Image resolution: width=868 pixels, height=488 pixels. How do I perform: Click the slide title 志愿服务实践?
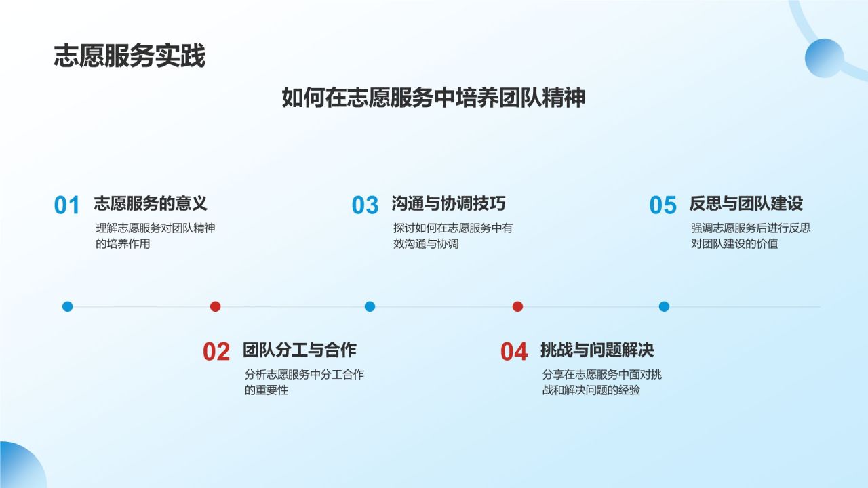tap(130, 57)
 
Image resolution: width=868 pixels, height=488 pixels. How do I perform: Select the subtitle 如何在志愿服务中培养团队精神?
tap(433, 98)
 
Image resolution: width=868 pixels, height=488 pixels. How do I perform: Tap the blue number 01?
tap(67, 205)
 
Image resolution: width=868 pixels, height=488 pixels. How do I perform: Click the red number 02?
tap(216, 352)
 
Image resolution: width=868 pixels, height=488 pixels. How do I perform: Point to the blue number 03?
tap(365, 205)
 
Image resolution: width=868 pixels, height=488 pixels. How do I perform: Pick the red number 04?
tap(514, 352)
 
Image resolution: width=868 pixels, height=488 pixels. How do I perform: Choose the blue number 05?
tap(663, 205)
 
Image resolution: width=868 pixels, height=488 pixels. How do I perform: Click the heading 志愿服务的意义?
tap(150, 203)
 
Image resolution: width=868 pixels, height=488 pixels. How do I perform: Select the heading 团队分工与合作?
tap(299, 350)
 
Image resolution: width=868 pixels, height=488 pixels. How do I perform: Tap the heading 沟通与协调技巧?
tap(448, 203)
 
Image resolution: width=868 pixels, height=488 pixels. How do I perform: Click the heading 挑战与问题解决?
tap(597, 350)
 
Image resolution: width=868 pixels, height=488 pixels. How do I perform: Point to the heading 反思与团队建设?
tap(746, 203)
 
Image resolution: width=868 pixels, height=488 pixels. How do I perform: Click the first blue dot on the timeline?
tap(67, 306)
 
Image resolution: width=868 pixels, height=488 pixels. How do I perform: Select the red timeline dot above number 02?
tap(216, 306)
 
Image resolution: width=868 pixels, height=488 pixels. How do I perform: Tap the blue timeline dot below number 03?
tap(370, 306)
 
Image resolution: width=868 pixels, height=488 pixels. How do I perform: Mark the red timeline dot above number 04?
tap(517, 306)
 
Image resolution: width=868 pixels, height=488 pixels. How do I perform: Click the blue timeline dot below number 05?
tap(664, 306)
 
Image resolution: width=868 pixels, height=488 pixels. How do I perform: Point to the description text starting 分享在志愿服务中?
tap(601, 382)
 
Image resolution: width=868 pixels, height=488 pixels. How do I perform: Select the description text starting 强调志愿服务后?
tap(750, 236)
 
